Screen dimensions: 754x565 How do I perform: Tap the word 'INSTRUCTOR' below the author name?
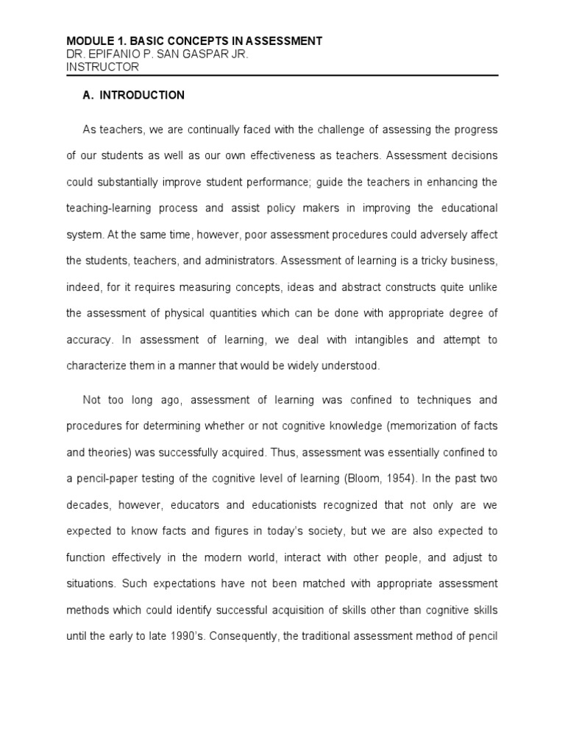[x=102, y=67]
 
